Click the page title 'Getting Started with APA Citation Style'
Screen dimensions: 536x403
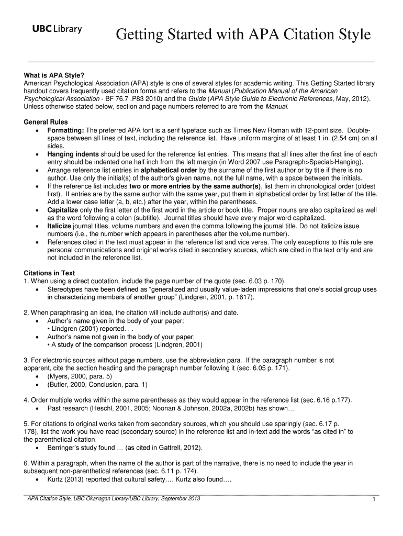243,35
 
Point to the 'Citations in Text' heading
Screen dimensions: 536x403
50,273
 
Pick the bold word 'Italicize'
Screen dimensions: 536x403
61,226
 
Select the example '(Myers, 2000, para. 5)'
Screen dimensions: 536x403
80,376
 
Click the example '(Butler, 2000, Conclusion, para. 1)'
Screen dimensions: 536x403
98,384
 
